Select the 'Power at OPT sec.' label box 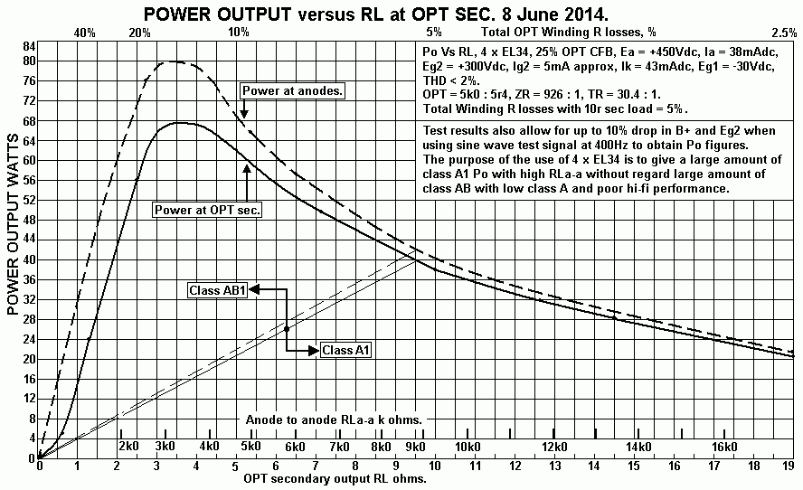(208, 209)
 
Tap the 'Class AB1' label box (217, 290)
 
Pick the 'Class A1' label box (346, 350)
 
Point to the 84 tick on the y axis (28, 46)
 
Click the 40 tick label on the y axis (28, 259)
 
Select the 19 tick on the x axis (789, 466)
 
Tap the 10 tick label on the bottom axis (437, 466)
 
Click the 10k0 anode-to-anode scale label (468, 447)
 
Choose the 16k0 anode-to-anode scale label (725, 447)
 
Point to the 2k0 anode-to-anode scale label (128, 447)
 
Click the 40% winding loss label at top (85, 33)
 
